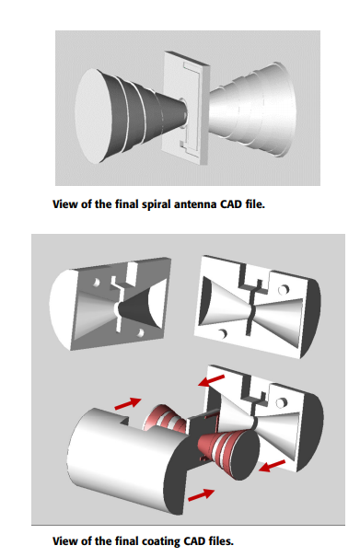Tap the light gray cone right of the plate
click(x=252, y=110)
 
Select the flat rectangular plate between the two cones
click(x=185, y=109)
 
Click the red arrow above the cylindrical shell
click(x=128, y=403)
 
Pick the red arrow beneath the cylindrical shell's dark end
click(x=201, y=494)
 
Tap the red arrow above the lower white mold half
click(x=212, y=380)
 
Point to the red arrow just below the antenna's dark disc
click(x=272, y=466)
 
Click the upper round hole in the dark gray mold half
click(x=96, y=283)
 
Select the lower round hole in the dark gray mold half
click(x=140, y=333)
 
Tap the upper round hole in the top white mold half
click(x=283, y=289)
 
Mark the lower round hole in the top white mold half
click(x=223, y=334)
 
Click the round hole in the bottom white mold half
click(x=281, y=402)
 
